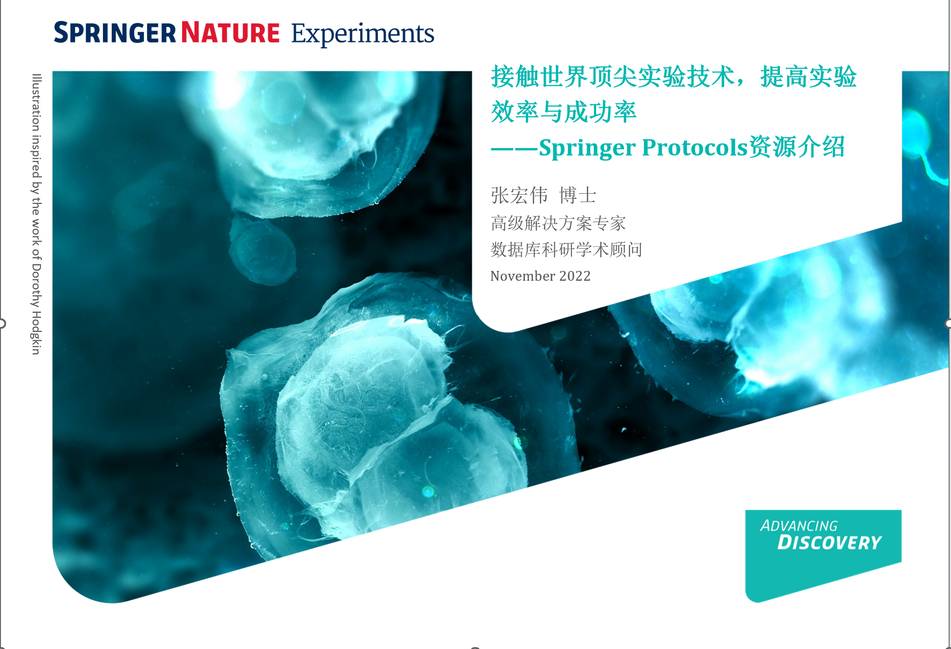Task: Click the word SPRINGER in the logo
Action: [115, 33]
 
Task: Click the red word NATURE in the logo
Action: [231, 33]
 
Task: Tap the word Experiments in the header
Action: [363, 34]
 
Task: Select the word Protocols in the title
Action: [695, 148]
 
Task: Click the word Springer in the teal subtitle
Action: [588, 149]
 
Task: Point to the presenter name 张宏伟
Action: [519, 195]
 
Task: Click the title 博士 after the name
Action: [577, 195]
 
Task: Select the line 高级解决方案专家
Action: [558, 223]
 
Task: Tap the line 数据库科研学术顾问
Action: [566, 250]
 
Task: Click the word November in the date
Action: [523, 276]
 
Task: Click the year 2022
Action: [575, 276]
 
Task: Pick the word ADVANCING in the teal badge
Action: [799, 526]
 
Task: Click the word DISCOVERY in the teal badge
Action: [830, 542]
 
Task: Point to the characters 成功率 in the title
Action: [600, 112]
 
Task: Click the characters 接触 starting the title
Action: [515, 77]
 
